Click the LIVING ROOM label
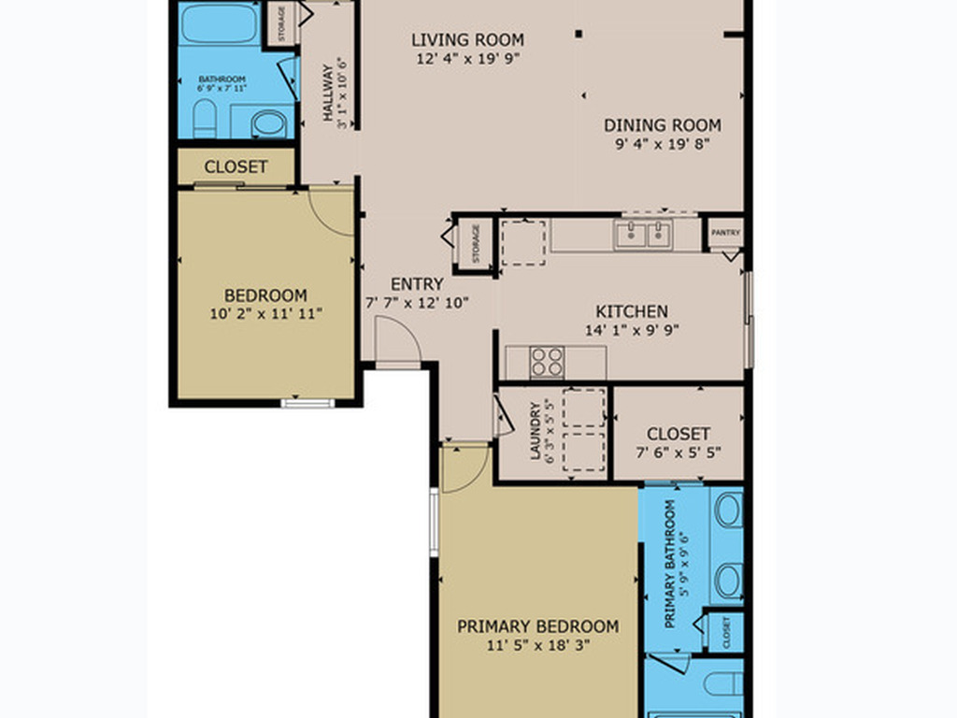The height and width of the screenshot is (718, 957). pos(467,40)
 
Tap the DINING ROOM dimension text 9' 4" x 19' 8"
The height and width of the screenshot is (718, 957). pos(662,144)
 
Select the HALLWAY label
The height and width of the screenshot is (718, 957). pos(328,93)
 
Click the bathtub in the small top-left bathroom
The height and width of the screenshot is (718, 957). pos(220,23)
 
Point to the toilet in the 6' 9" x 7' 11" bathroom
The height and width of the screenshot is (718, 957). pos(205,119)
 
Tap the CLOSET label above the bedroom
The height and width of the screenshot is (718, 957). pos(236,167)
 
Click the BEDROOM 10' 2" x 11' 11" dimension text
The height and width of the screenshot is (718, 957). pos(266,313)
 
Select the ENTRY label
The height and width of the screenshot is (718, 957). pos(417,284)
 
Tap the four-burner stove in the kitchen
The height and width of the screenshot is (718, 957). pos(548,362)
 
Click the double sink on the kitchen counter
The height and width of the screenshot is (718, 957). pos(643,234)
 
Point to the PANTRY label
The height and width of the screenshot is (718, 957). pos(726,233)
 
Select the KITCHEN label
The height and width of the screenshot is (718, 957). pos(632,311)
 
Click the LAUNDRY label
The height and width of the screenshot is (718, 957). pos(536,431)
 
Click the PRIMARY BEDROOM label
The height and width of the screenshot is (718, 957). pos(537,626)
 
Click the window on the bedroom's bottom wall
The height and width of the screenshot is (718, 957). pos(307,403)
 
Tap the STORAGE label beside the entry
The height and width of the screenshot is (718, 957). pos(476,243)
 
